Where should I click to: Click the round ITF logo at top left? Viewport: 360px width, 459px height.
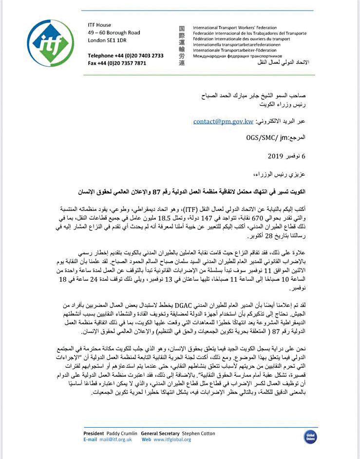tap(51, 43)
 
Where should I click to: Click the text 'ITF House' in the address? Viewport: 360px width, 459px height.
tap(99, 25)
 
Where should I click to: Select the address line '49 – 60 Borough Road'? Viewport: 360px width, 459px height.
tap(114, 33)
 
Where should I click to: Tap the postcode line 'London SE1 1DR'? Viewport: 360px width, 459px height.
tap(107, 40)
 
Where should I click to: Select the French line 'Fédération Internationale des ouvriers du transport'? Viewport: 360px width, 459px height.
tap(248, 39)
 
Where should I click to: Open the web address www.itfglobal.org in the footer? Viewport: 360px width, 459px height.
tap(173, 440)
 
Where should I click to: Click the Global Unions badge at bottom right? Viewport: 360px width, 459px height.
tap(310, 436)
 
